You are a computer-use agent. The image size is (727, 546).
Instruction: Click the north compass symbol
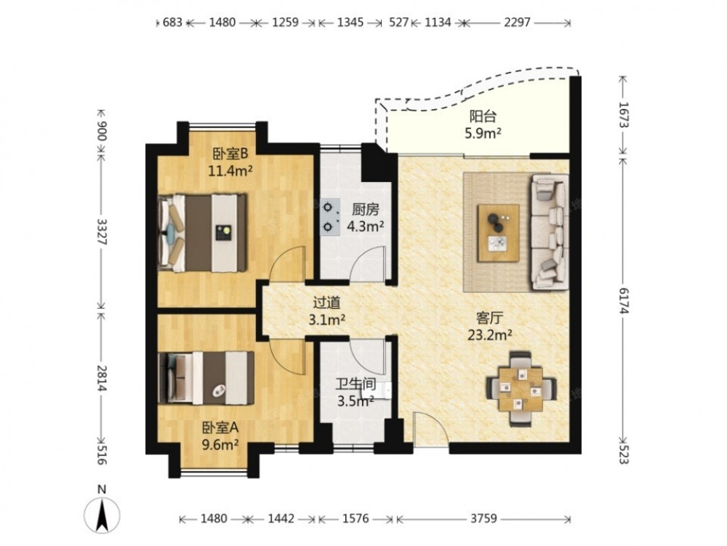point(102,514)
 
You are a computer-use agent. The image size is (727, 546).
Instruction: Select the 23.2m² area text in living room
point(489,335)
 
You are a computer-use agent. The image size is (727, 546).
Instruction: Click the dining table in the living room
point(521,389)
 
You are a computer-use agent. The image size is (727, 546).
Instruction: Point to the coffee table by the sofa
point(499,233)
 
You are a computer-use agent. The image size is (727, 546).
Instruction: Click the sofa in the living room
point(550,231)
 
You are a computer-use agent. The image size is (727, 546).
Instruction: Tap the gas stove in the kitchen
point(329,217)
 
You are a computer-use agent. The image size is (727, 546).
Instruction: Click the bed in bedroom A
point(206,378)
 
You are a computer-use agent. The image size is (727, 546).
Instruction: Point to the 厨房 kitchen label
point(366,210)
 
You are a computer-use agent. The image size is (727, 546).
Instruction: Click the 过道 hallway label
point(327,303)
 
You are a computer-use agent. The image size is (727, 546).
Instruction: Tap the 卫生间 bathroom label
point(356,384)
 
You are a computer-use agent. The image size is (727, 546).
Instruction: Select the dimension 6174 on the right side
point(623,301)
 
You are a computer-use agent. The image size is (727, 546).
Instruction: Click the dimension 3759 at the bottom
point(483,518)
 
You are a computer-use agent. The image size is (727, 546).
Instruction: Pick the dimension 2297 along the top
point(517,23)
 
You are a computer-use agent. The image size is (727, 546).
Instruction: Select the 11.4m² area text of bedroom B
point(230,171)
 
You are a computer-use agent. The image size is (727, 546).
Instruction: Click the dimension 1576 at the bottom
point(356,518)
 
